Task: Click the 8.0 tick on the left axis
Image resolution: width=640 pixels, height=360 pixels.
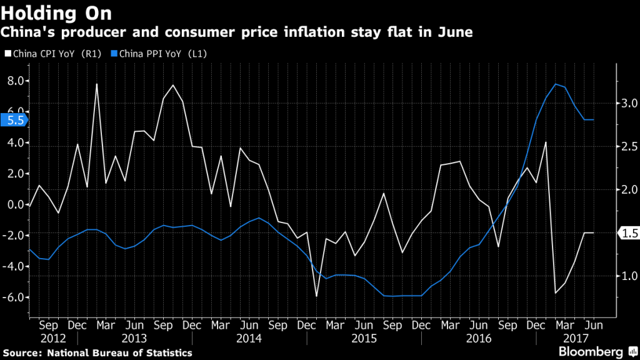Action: (x=16, y=81)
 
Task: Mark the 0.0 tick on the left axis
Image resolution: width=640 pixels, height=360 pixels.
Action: (x=16, y=204)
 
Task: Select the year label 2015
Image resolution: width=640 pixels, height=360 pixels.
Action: (x=364, y=337)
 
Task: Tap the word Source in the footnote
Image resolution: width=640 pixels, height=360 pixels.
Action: (x=21, y=353)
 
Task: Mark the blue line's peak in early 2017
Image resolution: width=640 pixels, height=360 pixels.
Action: (x=555, y=84)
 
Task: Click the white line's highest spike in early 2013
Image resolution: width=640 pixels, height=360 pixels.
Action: (x=97, y=84)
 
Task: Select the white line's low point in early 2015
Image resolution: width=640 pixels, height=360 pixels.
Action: (x=316, y=296)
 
